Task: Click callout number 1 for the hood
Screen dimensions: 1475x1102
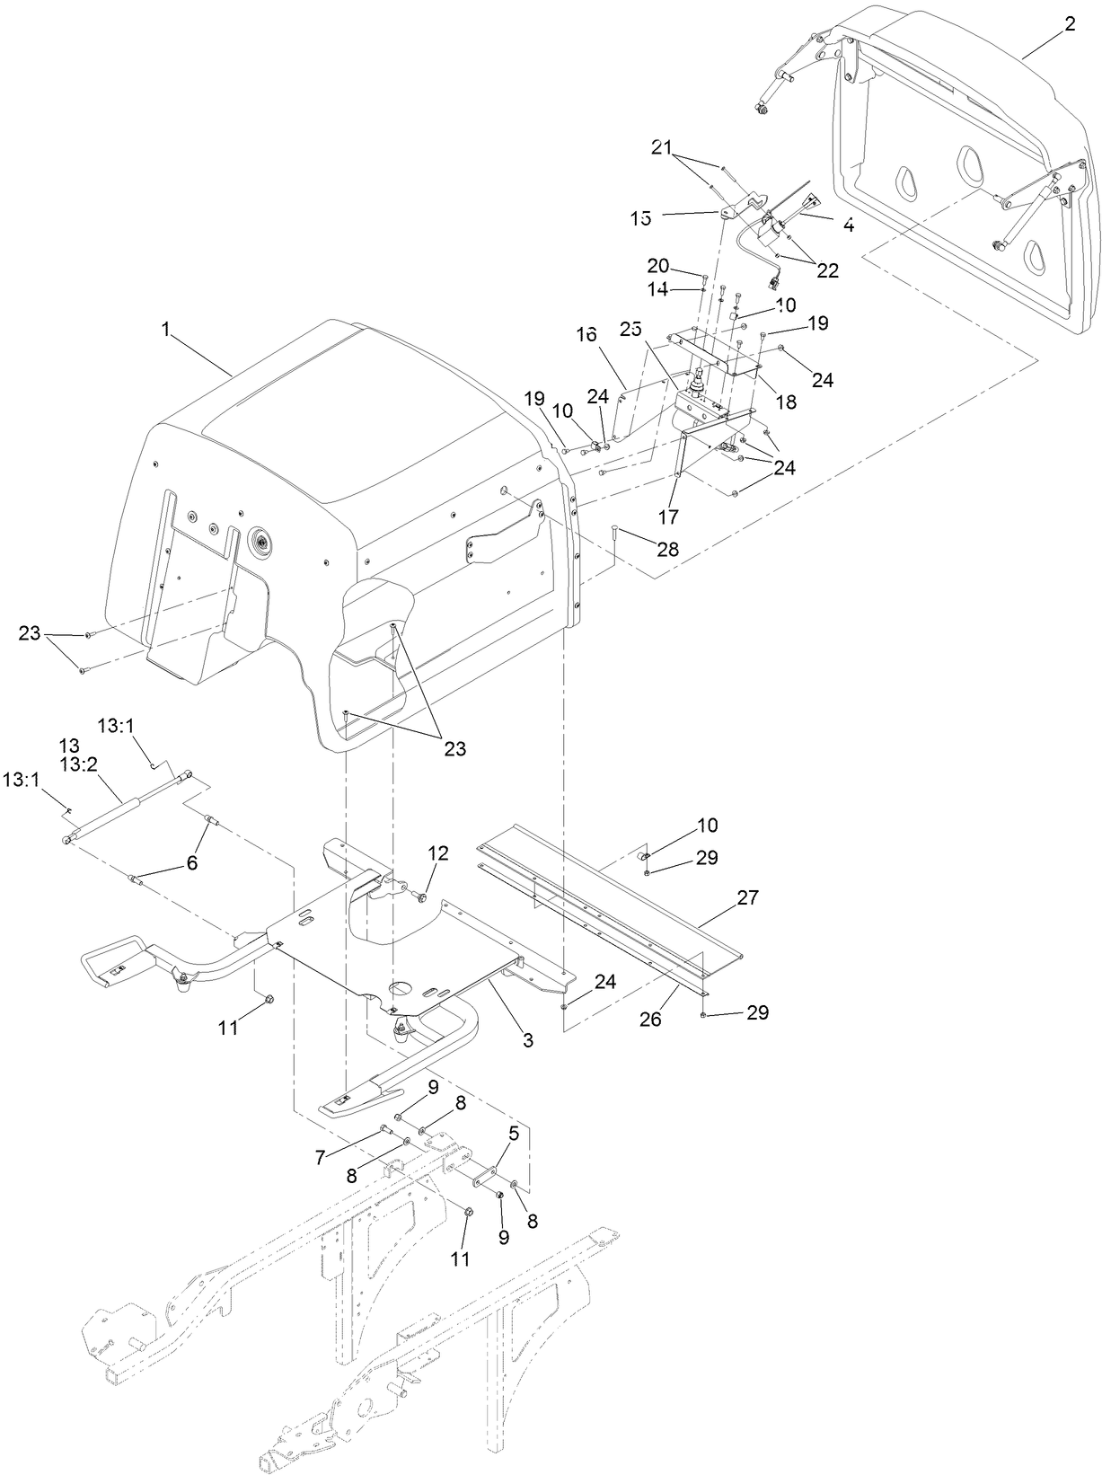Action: point(165,330)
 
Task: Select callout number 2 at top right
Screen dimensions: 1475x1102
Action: point(1069,24)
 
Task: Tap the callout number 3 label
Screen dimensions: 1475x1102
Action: point(528,1041)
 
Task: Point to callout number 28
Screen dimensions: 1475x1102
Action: point(668,548)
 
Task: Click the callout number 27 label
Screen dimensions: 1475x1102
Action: point(747,896)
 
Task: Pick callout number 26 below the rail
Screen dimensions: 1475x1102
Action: point(650,1020)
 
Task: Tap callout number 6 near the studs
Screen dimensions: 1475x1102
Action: point(190,862)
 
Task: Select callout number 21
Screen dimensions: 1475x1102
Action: point(661,146)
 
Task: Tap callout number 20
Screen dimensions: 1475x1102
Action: point(658,265)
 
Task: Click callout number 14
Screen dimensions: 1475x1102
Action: point(658,289)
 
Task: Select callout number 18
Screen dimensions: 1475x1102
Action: point(786,402)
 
